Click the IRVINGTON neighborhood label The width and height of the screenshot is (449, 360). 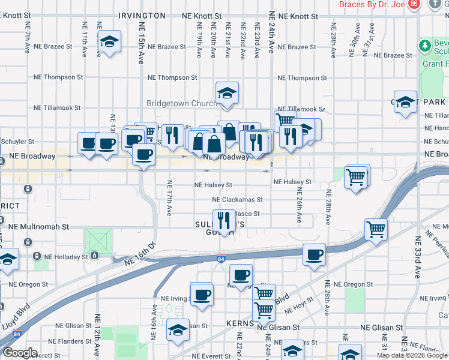point(142,16)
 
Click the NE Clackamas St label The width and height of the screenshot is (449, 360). point(237,200)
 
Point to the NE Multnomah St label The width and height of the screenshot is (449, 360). point(40,227)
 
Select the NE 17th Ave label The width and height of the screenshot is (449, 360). point(169,199)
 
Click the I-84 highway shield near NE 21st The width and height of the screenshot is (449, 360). point(221,259)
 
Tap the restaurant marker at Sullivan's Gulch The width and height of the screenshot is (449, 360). point(224,220)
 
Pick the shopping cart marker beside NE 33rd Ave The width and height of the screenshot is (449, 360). point(376,229)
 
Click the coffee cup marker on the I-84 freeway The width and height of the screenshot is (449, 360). point(314,254)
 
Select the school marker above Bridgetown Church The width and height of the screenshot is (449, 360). point(228,93)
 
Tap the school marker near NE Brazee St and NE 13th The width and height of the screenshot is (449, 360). point(108,41)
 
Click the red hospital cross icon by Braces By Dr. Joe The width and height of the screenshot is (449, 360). point(413,4)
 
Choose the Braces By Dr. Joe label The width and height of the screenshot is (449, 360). point(372,4)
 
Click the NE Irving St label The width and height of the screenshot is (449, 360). point(175,298)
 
